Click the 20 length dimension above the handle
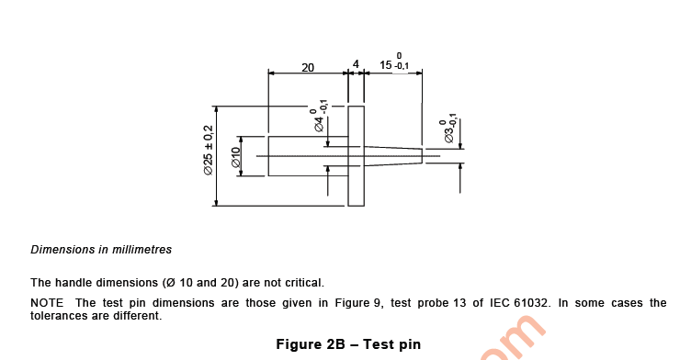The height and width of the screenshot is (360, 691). (308, 67)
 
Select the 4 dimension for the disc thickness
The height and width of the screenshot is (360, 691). (356, 65)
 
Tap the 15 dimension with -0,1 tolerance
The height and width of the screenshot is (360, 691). (395, 64)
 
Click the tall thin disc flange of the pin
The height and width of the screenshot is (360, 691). (356, 155)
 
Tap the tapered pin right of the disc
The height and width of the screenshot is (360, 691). (393, 155)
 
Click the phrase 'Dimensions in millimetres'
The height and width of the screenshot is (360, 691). (101, 250)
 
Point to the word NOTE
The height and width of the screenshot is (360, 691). (48, 303)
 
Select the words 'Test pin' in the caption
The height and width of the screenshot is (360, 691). (391, 345)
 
